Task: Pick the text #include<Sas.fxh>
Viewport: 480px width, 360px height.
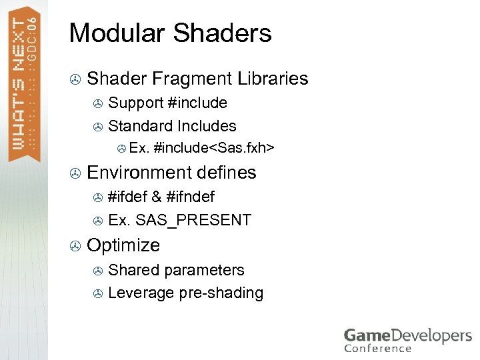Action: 214,147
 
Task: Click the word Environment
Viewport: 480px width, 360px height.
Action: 139,172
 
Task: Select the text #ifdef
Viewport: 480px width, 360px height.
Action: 127,197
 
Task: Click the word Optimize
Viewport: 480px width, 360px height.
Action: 123,245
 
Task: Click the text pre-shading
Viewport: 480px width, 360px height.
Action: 221,293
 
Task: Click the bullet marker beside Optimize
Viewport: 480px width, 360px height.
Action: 75,246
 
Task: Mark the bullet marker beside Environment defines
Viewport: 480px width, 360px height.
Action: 75,173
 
